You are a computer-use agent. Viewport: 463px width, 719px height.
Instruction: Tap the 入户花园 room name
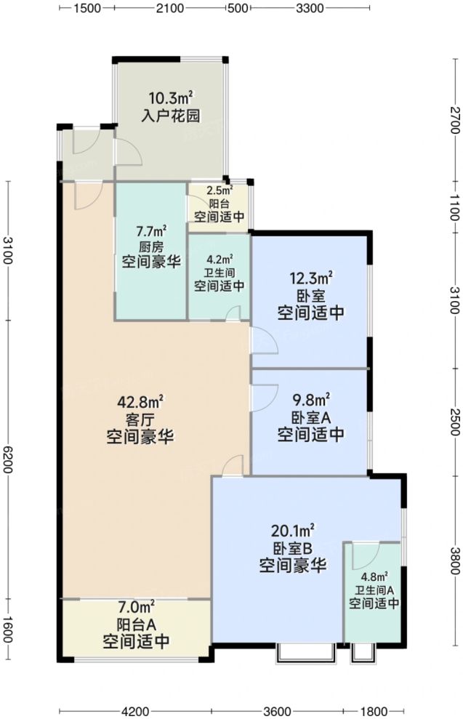pyautogui.click(x=171, y=116)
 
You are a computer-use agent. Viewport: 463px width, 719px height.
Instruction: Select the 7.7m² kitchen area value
pyautogui.click(x=151, y=231)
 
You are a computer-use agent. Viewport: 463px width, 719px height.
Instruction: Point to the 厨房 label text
pyautogui.click(x=151, y=246)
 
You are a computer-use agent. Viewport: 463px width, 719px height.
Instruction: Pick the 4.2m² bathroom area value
pyautogui.click(x=219, y=259)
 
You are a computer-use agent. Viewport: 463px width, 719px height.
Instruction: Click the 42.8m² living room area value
pyautogui.click(x=140, y=401)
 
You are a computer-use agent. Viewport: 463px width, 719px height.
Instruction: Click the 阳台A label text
pyautogui.click(x=136, y=623)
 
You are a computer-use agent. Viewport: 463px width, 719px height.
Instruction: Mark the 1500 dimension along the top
pyautogui.click(x=86, y=9)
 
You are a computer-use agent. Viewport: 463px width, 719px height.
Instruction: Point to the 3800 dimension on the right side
pyautogui.click(x=454, y=560)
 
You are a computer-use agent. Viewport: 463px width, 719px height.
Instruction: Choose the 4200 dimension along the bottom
pyautogui.click(x=135, y=710)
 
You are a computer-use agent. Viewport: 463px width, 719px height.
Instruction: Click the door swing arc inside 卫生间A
pyautogui.click(x=361, y=558)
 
